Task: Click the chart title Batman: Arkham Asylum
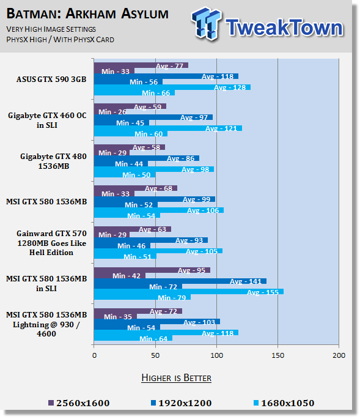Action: pos(87,13)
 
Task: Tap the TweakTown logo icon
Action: pos(206,23)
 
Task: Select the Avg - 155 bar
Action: pos(189,292)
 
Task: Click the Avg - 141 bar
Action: pos(180,281)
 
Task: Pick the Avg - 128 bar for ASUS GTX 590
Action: pos(172,87)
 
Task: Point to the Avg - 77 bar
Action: pos(141,65)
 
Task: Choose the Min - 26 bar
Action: pos(110,112)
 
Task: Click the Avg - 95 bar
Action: pos(152,270)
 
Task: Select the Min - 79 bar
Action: pos(142,297)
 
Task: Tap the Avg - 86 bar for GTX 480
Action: pos(147,158)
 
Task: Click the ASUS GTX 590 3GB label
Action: pos(51,80)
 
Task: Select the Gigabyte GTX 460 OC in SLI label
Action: pos(47,121)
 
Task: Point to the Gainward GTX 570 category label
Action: pos(51,243)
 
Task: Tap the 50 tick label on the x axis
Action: pos(155,355)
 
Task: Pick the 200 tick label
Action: pos(339,355)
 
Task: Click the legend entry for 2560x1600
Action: pos(79,403)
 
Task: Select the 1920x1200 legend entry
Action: pos(181,403)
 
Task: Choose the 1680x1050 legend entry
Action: pos(284,403)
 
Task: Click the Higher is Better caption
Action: pos(176,378)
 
